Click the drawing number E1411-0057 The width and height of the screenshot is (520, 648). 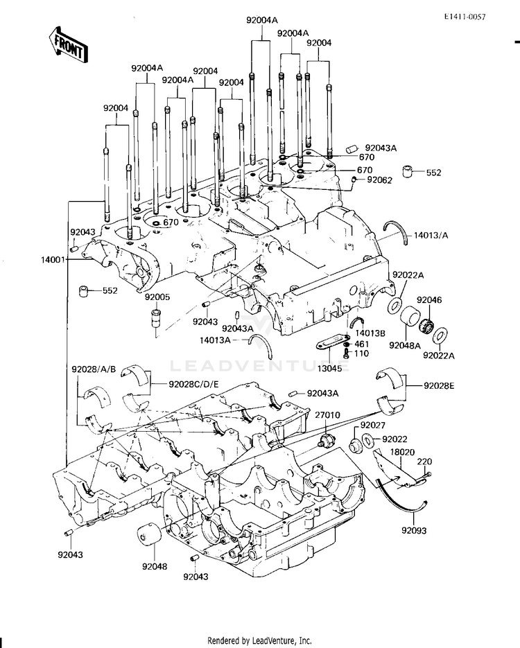pos(465,17)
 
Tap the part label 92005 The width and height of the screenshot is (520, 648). pos(157,297)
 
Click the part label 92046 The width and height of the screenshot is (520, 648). pos(429,299)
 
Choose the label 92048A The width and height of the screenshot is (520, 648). pos(404,345)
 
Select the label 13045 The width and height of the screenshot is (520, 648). pos(330,367)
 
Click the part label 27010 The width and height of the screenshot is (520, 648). pos(327,414)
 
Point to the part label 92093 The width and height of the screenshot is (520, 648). pos(414,530)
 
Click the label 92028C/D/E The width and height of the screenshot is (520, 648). pos(193,385)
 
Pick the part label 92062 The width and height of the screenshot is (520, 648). pos(379,180)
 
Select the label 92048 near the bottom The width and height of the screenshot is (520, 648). pos(155,567)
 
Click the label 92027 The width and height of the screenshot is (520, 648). pos(373,425)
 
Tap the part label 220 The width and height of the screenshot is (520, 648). pos(424,462)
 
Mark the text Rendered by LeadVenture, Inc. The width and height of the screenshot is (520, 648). pos(259,640)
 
